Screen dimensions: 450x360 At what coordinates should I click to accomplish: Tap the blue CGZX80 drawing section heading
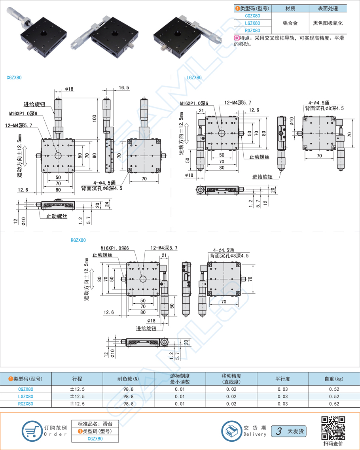[x=14, y=78]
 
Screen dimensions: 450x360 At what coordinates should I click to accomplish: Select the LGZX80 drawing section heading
[x=194, y=78]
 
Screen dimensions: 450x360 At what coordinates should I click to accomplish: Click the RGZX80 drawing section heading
[x=78, y=240]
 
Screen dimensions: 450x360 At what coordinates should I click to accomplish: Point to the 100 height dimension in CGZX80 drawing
[x=95, y=118]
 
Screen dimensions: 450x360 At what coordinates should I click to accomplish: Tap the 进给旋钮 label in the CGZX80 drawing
[x=34, y=104]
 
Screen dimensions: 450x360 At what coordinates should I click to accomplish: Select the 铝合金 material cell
[x=290, y=23]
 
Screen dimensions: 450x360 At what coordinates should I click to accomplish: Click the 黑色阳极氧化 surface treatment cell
[x=328, y=23]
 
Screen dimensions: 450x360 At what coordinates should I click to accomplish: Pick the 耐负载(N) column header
[x=128, y=379]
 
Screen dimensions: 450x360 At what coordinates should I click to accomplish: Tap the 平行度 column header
[x=282, y=379]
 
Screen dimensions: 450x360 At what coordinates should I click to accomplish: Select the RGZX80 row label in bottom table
[x=26, y=404]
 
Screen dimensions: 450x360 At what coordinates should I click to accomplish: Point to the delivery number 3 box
[x=279, y=431]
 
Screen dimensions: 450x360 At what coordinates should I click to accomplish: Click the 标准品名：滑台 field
[x=95, y=424]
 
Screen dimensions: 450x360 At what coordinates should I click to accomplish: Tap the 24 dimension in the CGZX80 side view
[x=106, y=204]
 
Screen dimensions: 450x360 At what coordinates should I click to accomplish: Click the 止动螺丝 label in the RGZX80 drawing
[x=102, y=255]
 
